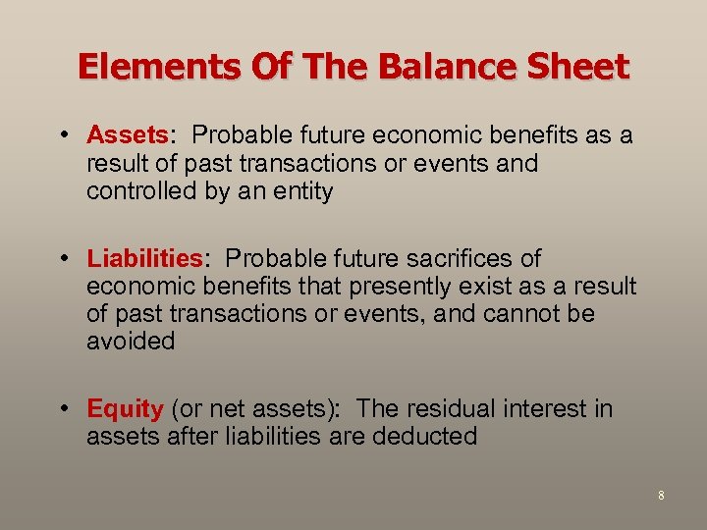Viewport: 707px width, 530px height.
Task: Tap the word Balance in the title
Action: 429,67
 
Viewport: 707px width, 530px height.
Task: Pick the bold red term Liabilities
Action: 144,259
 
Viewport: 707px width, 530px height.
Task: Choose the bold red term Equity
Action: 125,408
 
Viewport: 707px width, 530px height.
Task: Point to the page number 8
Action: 661,496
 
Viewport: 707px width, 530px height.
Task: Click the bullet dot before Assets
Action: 64,134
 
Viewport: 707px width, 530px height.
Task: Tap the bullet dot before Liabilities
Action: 64,259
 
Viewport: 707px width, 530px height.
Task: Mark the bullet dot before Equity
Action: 64,408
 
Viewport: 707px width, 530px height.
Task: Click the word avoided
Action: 131,342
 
